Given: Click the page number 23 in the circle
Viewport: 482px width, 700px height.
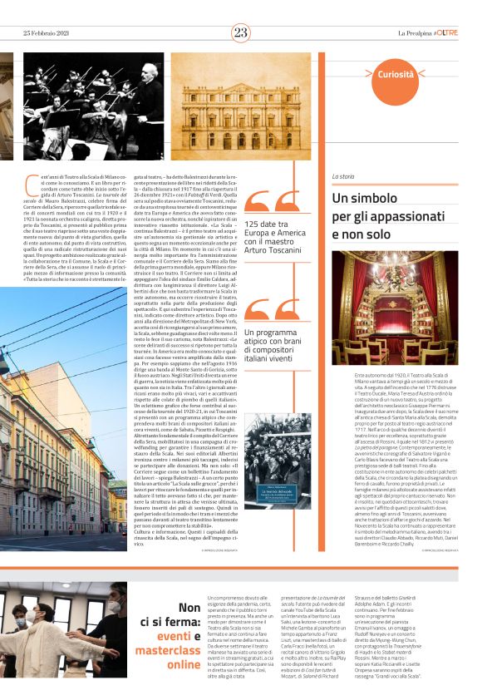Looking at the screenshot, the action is [x=240, y=32].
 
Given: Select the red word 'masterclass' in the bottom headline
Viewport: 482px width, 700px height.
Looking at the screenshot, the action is [x=169, y=650].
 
